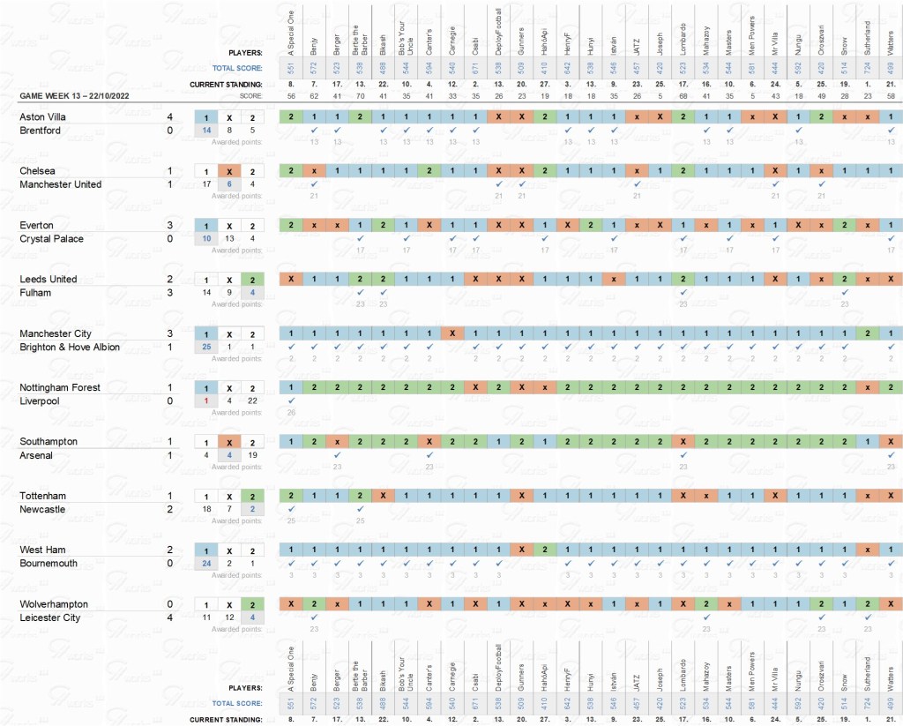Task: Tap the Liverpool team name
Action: point(40,401)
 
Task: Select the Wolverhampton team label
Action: point(54,604)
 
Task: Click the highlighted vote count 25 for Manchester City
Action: point(206,348)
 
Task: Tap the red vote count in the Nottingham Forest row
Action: point(206,401)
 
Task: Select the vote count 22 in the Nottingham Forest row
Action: point(251,401)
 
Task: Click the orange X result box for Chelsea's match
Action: point(228,171)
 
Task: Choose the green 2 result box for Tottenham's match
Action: point(251,496)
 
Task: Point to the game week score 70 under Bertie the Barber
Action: point(360,94)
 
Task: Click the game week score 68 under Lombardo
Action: point(683,94)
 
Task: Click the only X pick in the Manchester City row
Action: point(452,333)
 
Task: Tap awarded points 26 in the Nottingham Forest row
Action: point(291,413)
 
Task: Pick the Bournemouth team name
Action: point(49,564)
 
